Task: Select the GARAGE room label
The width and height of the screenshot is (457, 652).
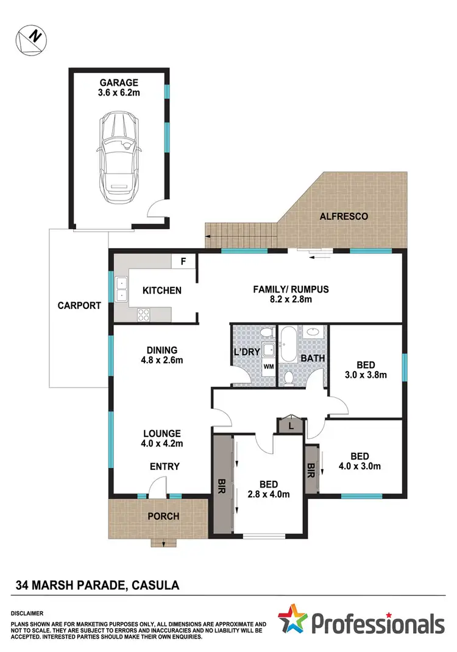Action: (120, 83)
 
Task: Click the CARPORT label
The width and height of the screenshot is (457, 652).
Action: (79, 306)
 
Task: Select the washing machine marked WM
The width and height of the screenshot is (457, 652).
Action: (268, 367)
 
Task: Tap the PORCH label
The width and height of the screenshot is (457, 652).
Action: (163, 516)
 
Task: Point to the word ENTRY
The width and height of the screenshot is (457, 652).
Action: (165, 467)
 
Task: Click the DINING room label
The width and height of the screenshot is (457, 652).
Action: (161, 350)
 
